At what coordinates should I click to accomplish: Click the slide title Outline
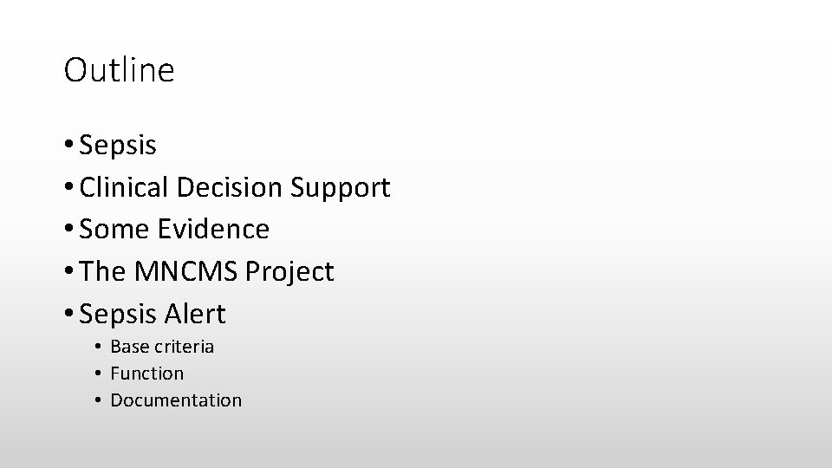[x=119, y=70]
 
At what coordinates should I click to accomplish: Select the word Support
[x=341, y=188]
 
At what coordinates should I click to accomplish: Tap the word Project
[x=289, y=273]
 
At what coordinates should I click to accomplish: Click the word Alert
[x=196, y=314]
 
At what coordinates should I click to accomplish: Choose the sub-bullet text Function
[x=147, y=374]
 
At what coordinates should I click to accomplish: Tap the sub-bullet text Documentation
[x=176, y=400]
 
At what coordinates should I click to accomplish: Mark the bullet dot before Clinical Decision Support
[x=68, y=188]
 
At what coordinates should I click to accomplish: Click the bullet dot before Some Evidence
[x=68, y=231]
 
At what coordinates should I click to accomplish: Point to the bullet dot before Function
[x=101, y=374]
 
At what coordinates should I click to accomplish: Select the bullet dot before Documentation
[x=101, y=401]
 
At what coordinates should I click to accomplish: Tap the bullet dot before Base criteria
[x=101, y=348]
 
